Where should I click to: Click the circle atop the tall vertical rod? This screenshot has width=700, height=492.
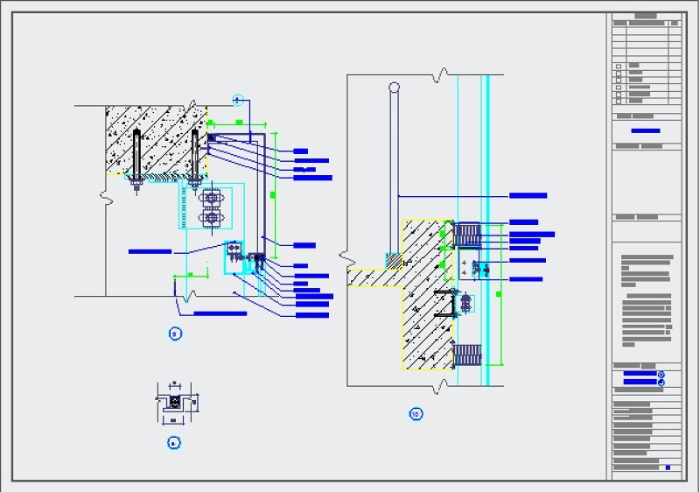(395, 88)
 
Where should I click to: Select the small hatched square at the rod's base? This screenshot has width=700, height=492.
(395, 261)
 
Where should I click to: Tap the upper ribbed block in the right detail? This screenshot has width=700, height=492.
(468, 234)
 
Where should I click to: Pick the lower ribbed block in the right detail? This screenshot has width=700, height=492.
(468, 355)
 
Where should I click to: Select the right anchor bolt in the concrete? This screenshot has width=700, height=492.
(194, 158)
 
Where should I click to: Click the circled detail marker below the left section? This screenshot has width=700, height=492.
(174, 333)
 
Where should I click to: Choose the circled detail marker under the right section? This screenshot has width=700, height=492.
(416, 414)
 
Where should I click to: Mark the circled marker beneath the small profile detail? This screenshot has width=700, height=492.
(173, 443)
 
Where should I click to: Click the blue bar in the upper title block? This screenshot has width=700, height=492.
(646, 130)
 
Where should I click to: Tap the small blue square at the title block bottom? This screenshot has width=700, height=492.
(667, 467)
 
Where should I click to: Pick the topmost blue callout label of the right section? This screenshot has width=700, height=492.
(528, 195)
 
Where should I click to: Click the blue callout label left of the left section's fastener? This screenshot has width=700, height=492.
(150, 251)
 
